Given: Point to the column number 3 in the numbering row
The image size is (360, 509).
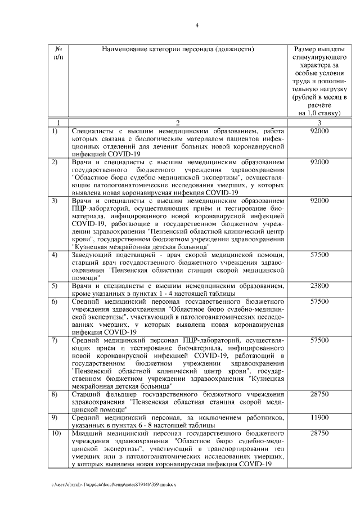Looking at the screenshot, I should pyautogui.click(x=319, y=123).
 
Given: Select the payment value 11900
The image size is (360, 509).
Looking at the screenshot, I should pyautogui.click(x=319, y=418).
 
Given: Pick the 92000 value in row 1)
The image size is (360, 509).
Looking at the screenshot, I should pyautogui.click(x=319, y=131).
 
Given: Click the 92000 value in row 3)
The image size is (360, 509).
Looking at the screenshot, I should pyautogui.click(x=319, y=200).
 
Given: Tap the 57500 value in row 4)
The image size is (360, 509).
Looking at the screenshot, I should pyautogui.click(x=319, y=255).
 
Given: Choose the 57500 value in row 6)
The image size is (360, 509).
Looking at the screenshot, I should pyautogui.click(x=319, y=301).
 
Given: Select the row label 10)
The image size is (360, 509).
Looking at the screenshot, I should pyautogui.click(x=56, y=434).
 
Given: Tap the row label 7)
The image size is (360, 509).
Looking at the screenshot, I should pyautogui.click(x=55, y=340).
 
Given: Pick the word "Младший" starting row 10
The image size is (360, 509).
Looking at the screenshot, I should pyautogui.click(x=88, y=434).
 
